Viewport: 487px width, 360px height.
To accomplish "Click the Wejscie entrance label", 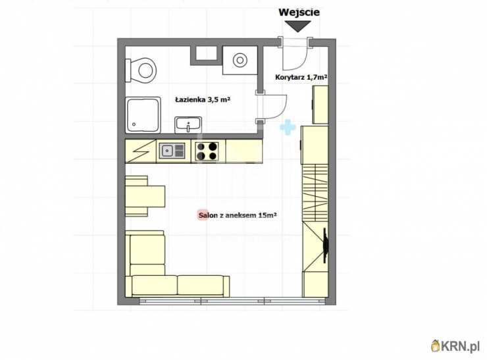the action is pyautogui.click(x=299, y=13).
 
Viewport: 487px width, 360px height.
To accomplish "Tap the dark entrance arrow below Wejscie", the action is pyautogui.click(x=298, y=26).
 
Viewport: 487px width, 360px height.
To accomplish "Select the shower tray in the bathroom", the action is pyautogui.click(x=143, y=116).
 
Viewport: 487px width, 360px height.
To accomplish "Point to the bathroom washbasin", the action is pyautogui.click(x=188, y=125).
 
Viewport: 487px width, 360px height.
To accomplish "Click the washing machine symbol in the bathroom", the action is pyautogui.click(x=240, y=61).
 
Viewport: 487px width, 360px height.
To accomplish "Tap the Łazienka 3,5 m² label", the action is pyautogui.click(x=203, y=99).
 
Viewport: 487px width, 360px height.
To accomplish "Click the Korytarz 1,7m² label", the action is pyautogui.click(x=301, y=78).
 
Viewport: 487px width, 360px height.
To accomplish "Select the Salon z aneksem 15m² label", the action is pyautogui.click(x=238, y=215).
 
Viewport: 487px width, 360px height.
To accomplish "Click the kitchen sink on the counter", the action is pyautogui.click(x=172, y=151).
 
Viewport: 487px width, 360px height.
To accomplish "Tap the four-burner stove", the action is pyautogui.click(x=207, y=151).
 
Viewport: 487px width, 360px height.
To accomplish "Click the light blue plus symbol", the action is pyautogui.click(x=288, y=127).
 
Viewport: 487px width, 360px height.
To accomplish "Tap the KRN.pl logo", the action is pyautogui.click(x=455, y=346).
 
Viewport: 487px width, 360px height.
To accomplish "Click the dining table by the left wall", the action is pyautogui.click(x=145, y=196).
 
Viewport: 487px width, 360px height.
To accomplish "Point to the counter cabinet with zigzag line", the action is pyautogui.click(x=140, y=151).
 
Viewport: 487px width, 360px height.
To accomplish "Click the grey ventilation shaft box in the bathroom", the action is pyautogui.click(x=204, y=55).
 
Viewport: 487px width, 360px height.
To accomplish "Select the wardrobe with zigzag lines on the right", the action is pyautogui.click(x=315, y=193).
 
